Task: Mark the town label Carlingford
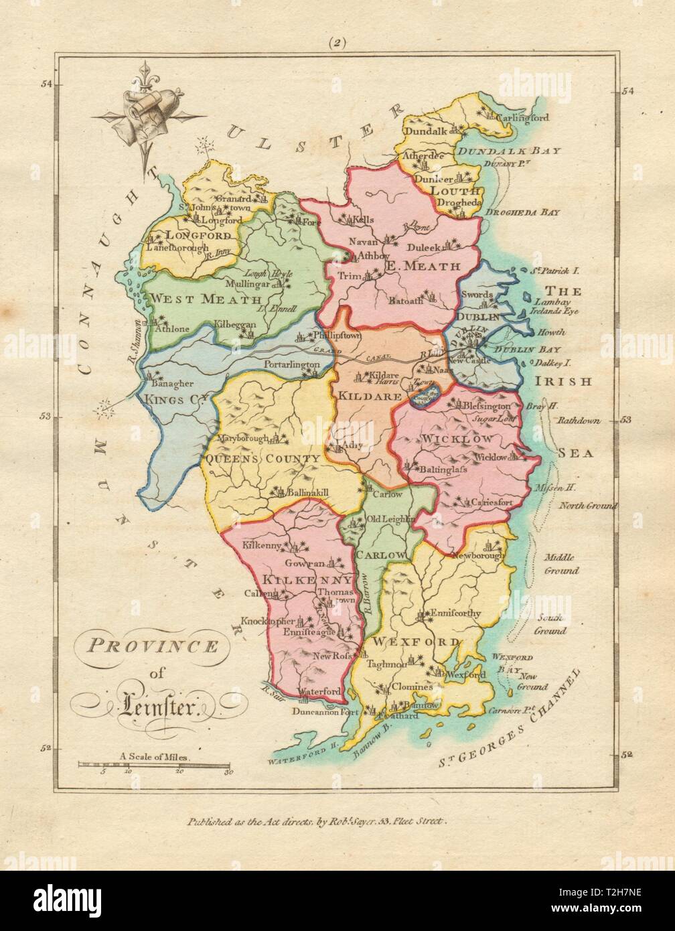522,117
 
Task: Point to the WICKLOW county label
457,439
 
